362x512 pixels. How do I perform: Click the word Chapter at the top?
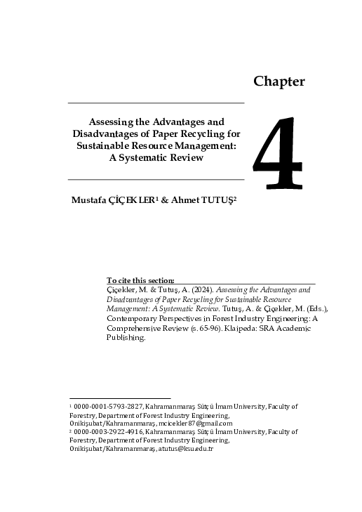(279, 81)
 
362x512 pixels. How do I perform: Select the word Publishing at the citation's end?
(126, 338)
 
